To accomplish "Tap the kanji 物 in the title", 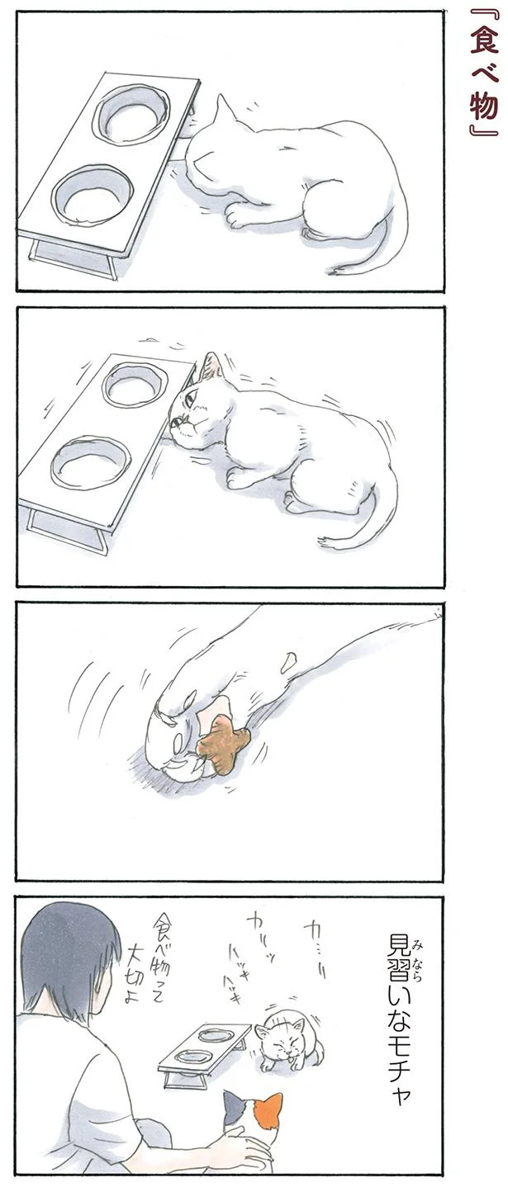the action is [482, 104].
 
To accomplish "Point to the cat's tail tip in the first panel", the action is [333, 272].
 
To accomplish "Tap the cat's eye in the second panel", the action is [190, 399].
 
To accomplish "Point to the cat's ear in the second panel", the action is [211, 366].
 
